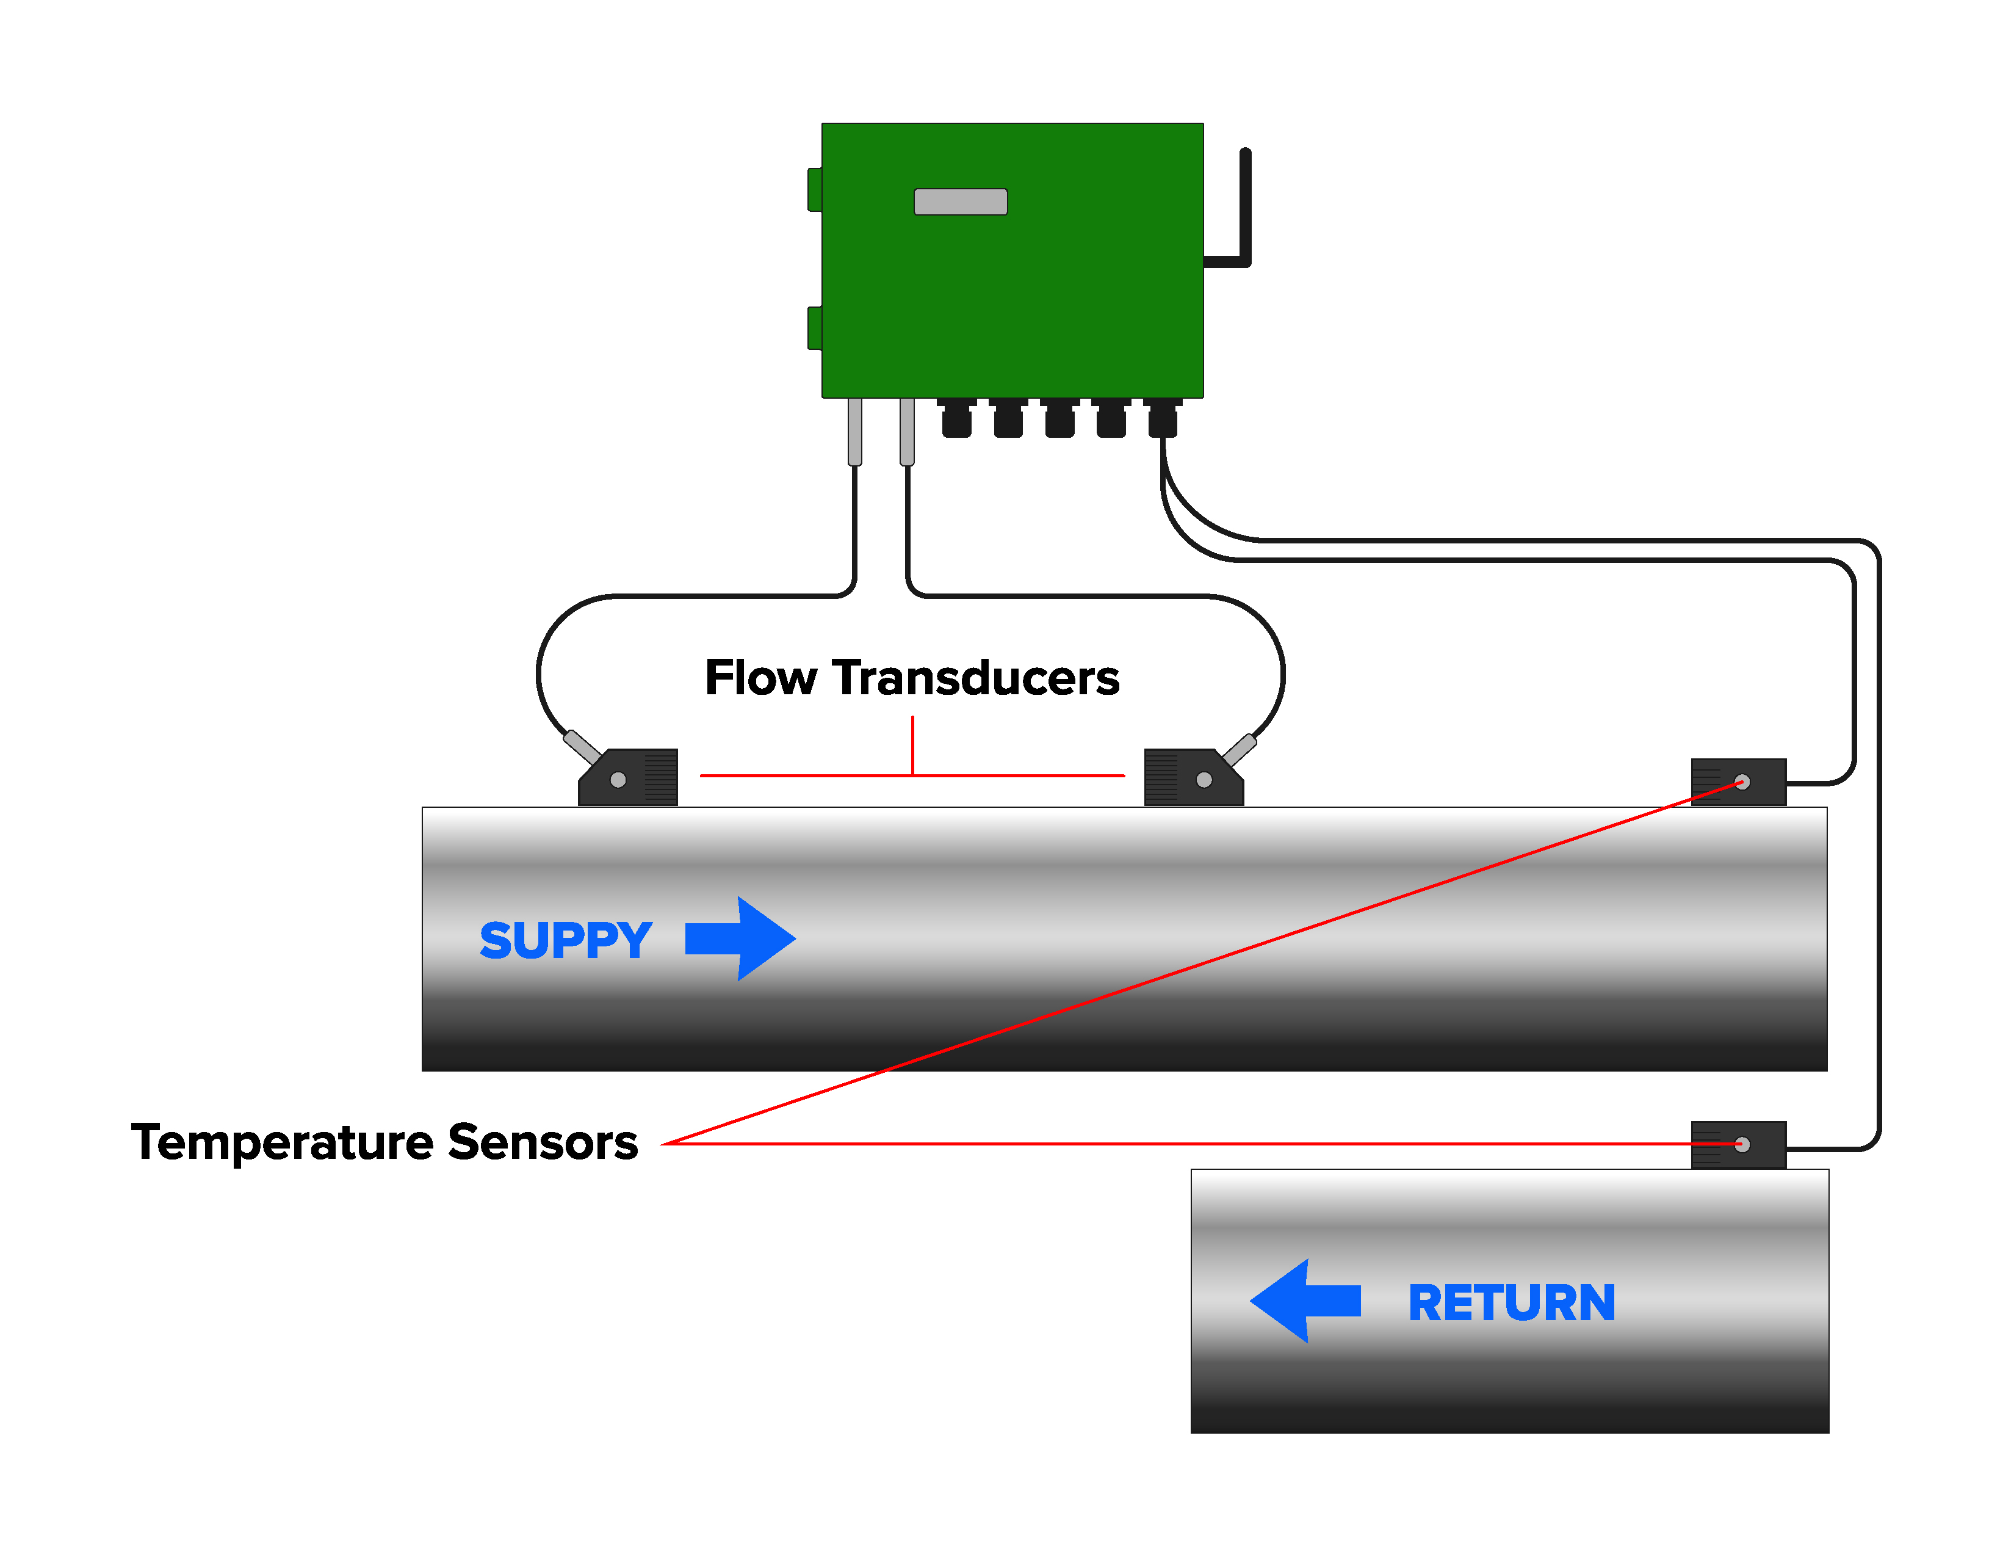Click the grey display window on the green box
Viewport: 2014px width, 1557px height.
[x=960, y=201]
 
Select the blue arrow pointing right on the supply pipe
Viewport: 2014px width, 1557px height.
[x=740, y=938]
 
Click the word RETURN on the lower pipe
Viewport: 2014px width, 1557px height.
[x=1512, y=1302]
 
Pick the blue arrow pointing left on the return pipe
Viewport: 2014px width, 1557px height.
[x=1305, y=1300]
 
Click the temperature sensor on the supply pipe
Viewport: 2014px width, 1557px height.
[x=1738, y=782]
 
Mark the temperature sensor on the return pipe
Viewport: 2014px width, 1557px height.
[x=1738, y=1145]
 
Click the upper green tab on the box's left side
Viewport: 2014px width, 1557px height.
[x=814, y=189]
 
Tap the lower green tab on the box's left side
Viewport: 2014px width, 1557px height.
[x=814, y=328]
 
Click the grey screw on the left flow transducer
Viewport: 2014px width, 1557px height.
[x=618, y=780]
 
